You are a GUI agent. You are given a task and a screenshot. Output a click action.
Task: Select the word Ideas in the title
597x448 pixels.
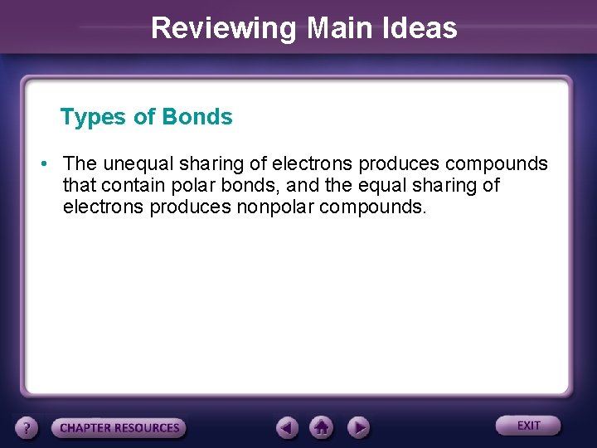pos(423,28)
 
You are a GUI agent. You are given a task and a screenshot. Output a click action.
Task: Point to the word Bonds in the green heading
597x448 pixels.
pos(197,117)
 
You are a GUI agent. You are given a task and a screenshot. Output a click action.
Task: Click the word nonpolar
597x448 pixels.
pos(273,206)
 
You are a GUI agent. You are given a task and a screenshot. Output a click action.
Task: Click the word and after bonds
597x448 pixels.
pos(302,184)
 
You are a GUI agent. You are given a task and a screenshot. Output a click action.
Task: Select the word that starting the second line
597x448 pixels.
pos(79,184)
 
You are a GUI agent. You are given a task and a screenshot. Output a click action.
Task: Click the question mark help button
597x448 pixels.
pos(27,428)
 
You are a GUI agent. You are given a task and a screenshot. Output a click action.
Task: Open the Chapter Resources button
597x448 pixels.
pos(119,428)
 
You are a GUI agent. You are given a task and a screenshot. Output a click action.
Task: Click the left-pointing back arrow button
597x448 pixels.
pos(287,428)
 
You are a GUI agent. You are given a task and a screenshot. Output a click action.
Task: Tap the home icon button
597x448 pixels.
pos(322,427)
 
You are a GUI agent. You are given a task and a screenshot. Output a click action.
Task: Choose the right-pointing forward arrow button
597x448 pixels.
pos(357,428)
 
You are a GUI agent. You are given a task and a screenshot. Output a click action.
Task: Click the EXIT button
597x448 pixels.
pos(528,426)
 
